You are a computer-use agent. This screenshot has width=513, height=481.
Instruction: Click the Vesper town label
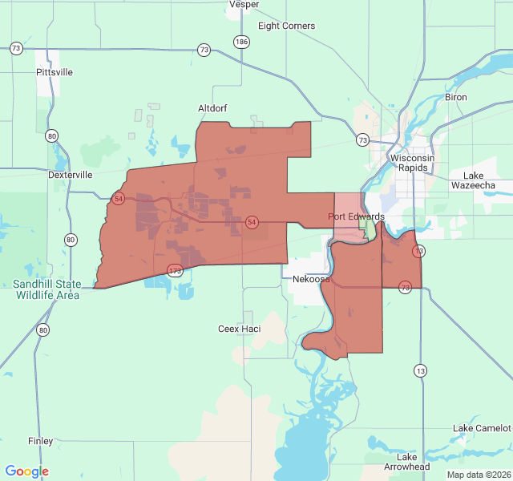[244, 4]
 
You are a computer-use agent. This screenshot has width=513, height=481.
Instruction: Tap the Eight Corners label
[286, 26]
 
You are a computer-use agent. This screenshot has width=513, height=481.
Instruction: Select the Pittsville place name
[55, 72]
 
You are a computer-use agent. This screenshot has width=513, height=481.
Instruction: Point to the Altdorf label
[214, 107]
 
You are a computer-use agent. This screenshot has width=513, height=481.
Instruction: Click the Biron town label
[455, 97]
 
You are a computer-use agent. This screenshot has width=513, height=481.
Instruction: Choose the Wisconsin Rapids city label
[412, 163]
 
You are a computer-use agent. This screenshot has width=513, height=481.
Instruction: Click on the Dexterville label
[71, 174]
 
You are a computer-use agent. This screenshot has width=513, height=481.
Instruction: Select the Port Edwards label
[356, 216]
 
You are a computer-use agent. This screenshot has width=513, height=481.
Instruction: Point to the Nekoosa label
[311, 279]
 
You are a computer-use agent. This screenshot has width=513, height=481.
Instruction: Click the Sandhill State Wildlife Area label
[46, 289]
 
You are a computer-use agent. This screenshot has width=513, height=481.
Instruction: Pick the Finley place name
[40, 441]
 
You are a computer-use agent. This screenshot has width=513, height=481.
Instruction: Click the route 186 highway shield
[242, 41]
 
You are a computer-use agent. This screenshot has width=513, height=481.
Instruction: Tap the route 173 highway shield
[175, 271]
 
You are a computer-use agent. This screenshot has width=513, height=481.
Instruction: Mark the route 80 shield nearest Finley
[42, 329]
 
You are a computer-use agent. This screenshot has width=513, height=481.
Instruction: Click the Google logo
[26, 471]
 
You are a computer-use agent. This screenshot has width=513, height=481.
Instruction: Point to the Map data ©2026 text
[478, 475]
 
